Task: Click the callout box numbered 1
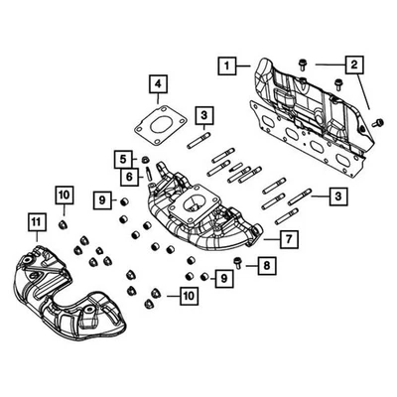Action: click(x=227, y=66)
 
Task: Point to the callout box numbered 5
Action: click(x=123, y=159)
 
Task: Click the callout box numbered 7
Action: click(x=286, y=238)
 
